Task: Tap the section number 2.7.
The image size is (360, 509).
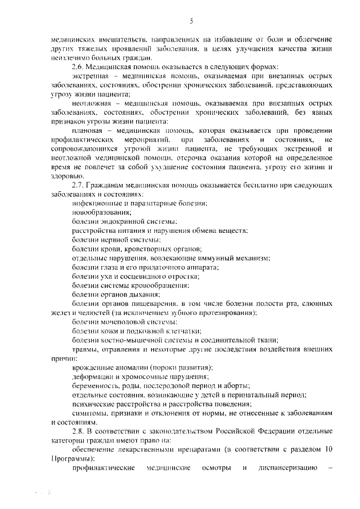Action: coord(79,184)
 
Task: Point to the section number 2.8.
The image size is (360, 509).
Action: coord(79,431)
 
